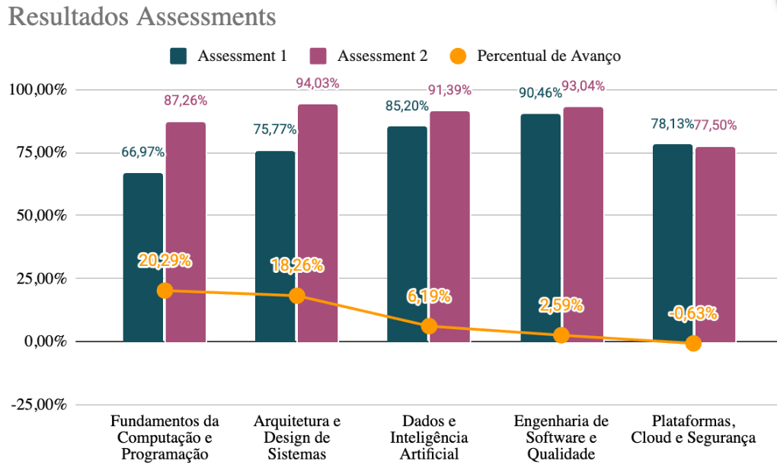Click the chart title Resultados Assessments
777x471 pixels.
pyautogui.click(x=142, y=17)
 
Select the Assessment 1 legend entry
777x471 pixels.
pyautogui.click(x=229, y=56)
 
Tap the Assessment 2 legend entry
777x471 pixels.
pyautogui.click(x=369, y=56)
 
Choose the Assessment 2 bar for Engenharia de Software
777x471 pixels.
pyautogui.click(x=584, y=224)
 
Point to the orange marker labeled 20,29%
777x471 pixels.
pyautogui.click(x=165, y=290)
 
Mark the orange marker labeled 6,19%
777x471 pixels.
pyautogui.click(x=429, y=326)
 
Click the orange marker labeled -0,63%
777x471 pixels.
pyautogui.click(x=693, y=343)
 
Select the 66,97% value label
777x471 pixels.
pyautogui.click(x=143, y=152)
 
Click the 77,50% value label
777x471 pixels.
pyautogui.click(x=715, y=125)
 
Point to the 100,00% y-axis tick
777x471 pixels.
pyautogui.click(x=38, y=90)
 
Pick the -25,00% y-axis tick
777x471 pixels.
pyautogui.click(x=38, y=405)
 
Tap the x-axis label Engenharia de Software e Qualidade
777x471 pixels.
pyautogui.click(x=561, y=437)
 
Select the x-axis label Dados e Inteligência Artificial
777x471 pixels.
pyautogui.click(x=429, y=437)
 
